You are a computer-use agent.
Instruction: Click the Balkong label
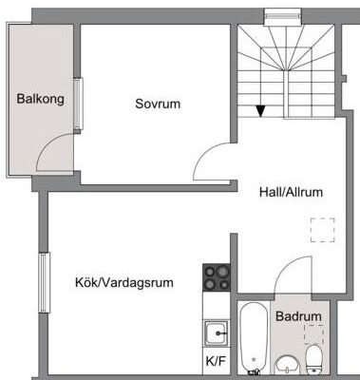(x=40, y=99)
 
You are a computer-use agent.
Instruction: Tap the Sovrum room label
(x=158, y=104)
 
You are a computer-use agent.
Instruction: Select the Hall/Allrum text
(x=291, y=192)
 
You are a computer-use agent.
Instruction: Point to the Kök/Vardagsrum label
(x=124, y=282)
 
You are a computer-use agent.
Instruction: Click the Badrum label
(x=298, y=316)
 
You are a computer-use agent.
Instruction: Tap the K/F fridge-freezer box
(x=217, y=362)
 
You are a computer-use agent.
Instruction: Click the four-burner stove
(x=217, y=277)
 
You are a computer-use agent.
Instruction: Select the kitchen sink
(x=217, y=333)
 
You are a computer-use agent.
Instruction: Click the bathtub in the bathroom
(x=254, y=338)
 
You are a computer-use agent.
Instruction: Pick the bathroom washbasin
(x=288, y=366)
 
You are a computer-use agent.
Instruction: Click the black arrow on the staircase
(x=260, y=111)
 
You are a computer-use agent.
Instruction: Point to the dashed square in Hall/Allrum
(x=322, y=230)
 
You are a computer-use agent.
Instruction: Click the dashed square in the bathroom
(x=313, y=334)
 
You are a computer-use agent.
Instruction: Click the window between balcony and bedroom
(x=79, y=104)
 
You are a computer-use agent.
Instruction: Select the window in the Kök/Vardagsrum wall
(x=45, y=282)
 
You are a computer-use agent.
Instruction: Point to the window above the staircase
(x=283, y=16)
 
